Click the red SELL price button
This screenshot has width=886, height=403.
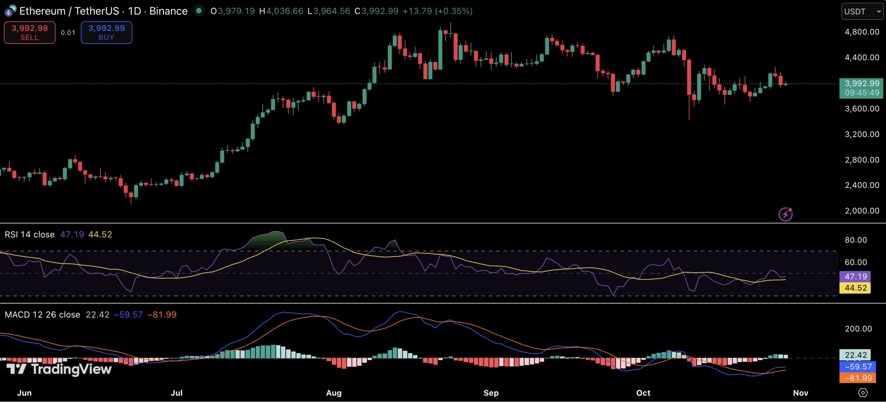tap(29, 33)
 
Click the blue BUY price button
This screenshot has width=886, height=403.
tap(106, 33)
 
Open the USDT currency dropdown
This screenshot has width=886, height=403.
tap(862, 11)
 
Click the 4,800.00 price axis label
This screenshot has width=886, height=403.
tap(862, 32)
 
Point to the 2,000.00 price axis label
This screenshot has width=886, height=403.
tap(862, 211)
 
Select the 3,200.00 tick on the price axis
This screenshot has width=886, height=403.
tap(862, 134)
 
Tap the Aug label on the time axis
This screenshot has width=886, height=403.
tap(334, 393)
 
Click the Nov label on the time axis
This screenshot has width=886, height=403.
tap(800, 393)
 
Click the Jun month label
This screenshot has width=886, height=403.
tap(24, 393)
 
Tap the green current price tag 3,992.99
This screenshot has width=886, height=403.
tap(861, 88)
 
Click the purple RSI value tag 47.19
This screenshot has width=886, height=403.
tap(855, 276)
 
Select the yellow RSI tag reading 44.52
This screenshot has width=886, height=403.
tap(855, 288)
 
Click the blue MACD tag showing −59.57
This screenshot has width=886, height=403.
tap(858, 366)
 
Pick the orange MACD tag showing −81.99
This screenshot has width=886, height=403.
tap(858, 378)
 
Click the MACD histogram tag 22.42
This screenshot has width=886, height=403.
tap(855, 355)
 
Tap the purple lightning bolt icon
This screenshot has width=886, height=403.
tap(785, 214)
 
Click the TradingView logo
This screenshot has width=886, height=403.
tap(59, 369)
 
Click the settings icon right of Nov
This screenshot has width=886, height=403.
tap(863, 393)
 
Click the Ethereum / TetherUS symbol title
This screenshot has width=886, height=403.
tap(103, 11)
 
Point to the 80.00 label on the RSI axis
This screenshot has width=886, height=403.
tap(856, 240)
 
